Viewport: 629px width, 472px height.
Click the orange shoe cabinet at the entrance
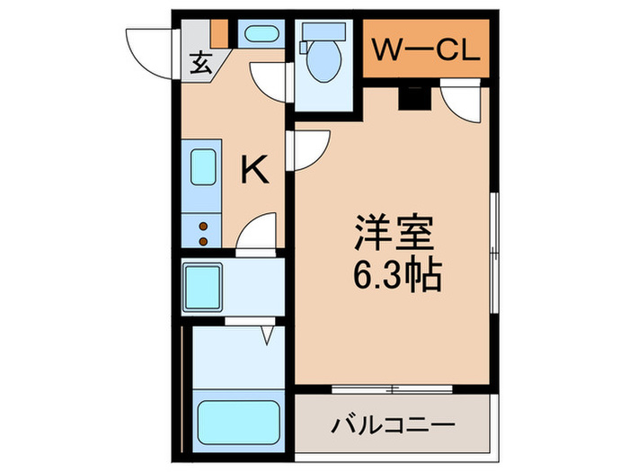[x=218, y=34]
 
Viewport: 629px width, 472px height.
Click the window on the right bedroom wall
[x=493, y=252]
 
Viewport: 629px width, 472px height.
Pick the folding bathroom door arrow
[x=267, y=335]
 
